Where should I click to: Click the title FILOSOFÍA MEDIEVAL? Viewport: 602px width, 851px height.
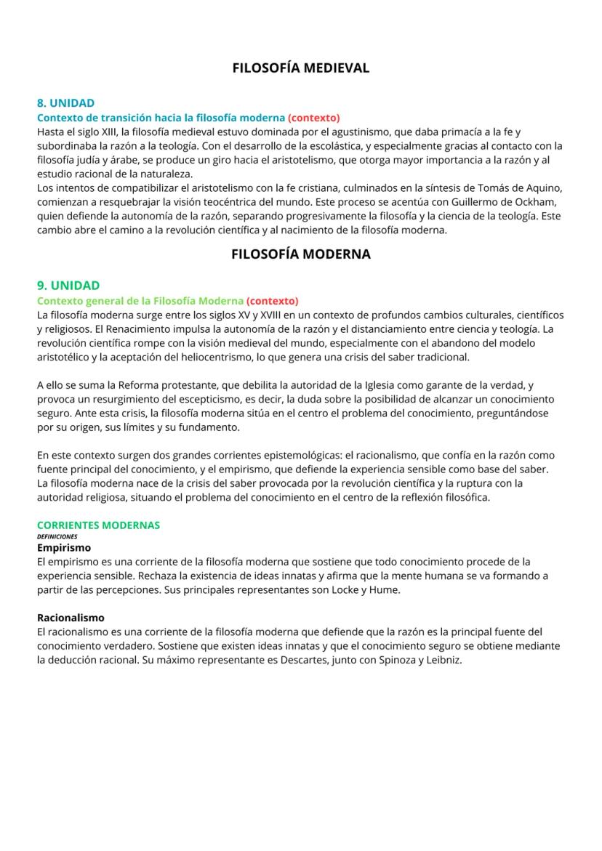pos(300,68)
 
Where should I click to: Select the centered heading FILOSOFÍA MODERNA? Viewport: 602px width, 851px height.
pos(300,254)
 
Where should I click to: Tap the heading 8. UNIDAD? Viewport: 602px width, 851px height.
pos(65,103)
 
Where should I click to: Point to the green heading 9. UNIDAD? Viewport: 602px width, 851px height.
pos(68,286)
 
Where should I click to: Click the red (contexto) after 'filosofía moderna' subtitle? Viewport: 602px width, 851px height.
pos(313,117)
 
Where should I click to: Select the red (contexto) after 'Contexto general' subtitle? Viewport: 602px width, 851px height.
pos(272,300)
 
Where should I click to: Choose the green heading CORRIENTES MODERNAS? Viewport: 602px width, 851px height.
pos(98,525)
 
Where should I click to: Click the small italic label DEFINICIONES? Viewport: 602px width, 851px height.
pos(57,536)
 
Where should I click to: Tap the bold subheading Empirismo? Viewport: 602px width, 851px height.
pos(64,547)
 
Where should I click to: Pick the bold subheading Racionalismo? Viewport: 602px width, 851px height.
pos(71,618)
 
